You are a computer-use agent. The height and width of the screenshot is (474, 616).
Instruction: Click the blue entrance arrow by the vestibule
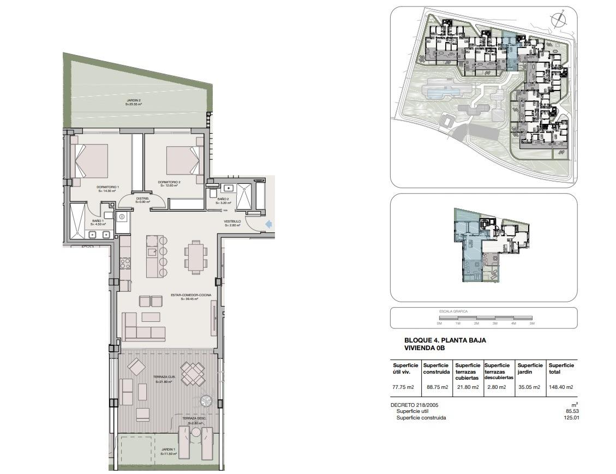pyautogui.click(x=268, y=224)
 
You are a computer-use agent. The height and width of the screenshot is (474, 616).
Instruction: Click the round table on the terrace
pyautogui.click(x=206, y=401)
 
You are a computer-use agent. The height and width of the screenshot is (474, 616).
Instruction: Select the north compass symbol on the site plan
pyautogui.click(x=558, y=21)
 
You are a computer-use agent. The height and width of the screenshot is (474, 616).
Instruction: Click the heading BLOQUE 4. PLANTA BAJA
pyautogui.click(x=445, y=340)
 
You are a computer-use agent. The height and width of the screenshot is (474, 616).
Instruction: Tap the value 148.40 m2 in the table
pyautogui.click(x=561, y=387)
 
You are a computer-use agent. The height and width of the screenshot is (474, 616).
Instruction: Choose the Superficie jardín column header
pyautogui.click(x=530, y=369)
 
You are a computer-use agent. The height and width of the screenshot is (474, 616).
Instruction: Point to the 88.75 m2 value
pyautogui.click(x=435, y=387)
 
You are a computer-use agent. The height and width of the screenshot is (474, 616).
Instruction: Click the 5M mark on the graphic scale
pyautogui.click(x=532, y=323)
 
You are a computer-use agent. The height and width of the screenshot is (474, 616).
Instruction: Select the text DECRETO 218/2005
pyautogui.click(x=415, y=405)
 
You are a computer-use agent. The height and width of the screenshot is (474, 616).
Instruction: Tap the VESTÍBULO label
pyautogui.click(x=232, y=222)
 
